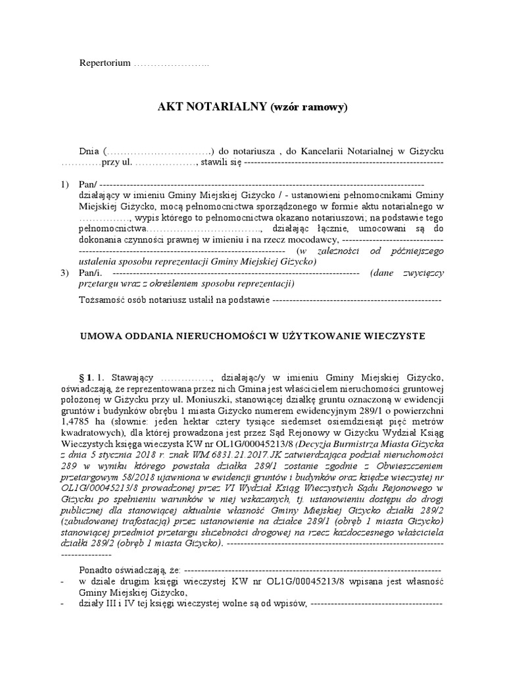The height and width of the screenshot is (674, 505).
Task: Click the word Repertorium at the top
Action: pos(104,63)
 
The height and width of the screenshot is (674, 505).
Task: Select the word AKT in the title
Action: pos(171,107)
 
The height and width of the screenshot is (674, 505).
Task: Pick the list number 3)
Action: pos(64,272)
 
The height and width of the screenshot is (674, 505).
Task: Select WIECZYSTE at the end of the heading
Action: pos(395,336)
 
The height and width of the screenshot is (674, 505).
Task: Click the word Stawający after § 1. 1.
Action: pos(132,378)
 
